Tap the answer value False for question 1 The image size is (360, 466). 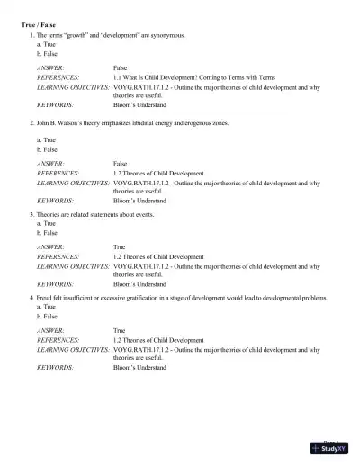point(121,67)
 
